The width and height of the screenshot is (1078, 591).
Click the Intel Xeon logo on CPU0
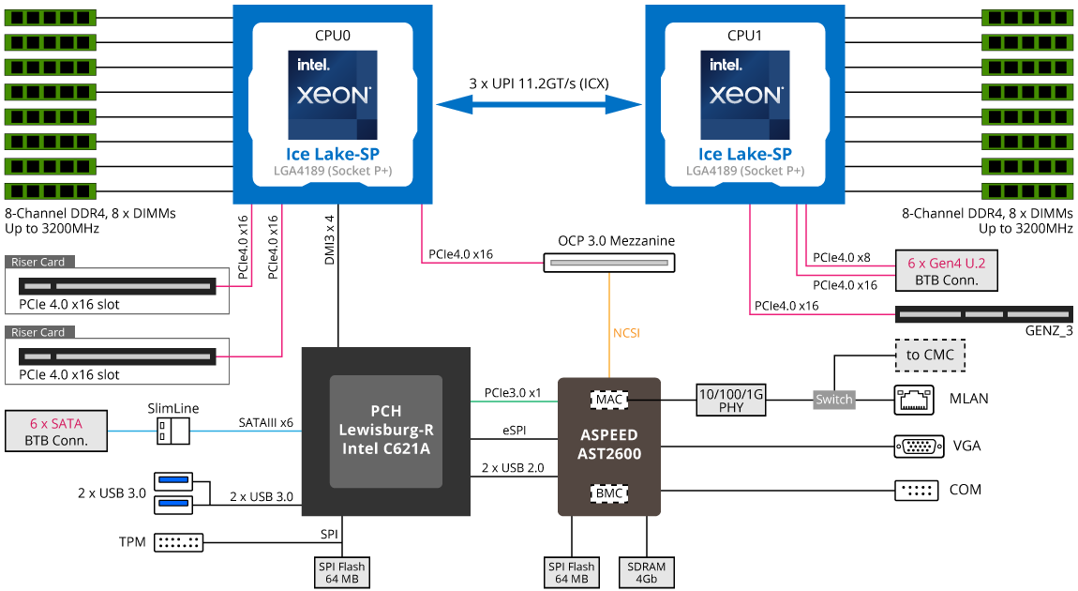click(x=333, y=96)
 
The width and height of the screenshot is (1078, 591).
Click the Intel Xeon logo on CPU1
click(x=745, y=96)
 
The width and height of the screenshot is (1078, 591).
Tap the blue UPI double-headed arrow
click(x=539, y=104)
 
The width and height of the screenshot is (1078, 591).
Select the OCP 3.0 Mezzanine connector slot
click(x=610, y=263)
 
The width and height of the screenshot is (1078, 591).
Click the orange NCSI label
click(x=626, y=332)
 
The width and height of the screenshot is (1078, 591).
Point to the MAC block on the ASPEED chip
click(x=609, y=400)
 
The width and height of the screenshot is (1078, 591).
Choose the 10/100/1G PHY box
click(x=731, y=400)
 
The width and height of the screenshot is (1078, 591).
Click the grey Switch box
click(x=834, y=400)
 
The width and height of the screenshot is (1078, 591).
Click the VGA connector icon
click(x=920, y=446)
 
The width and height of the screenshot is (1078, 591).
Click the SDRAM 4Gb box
click(x=647, y=572)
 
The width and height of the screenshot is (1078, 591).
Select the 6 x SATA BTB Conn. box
click(x=57, y=431)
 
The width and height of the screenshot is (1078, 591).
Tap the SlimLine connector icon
click(x=173, y=431)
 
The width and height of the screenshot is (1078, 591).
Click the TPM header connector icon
click(x=178, y=542)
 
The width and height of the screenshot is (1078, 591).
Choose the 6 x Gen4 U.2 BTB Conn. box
click(x=947, y=271)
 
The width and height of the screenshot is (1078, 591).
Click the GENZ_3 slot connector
click(x=983, y=313)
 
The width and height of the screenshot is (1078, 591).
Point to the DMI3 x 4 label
click(x=330, y=240)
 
